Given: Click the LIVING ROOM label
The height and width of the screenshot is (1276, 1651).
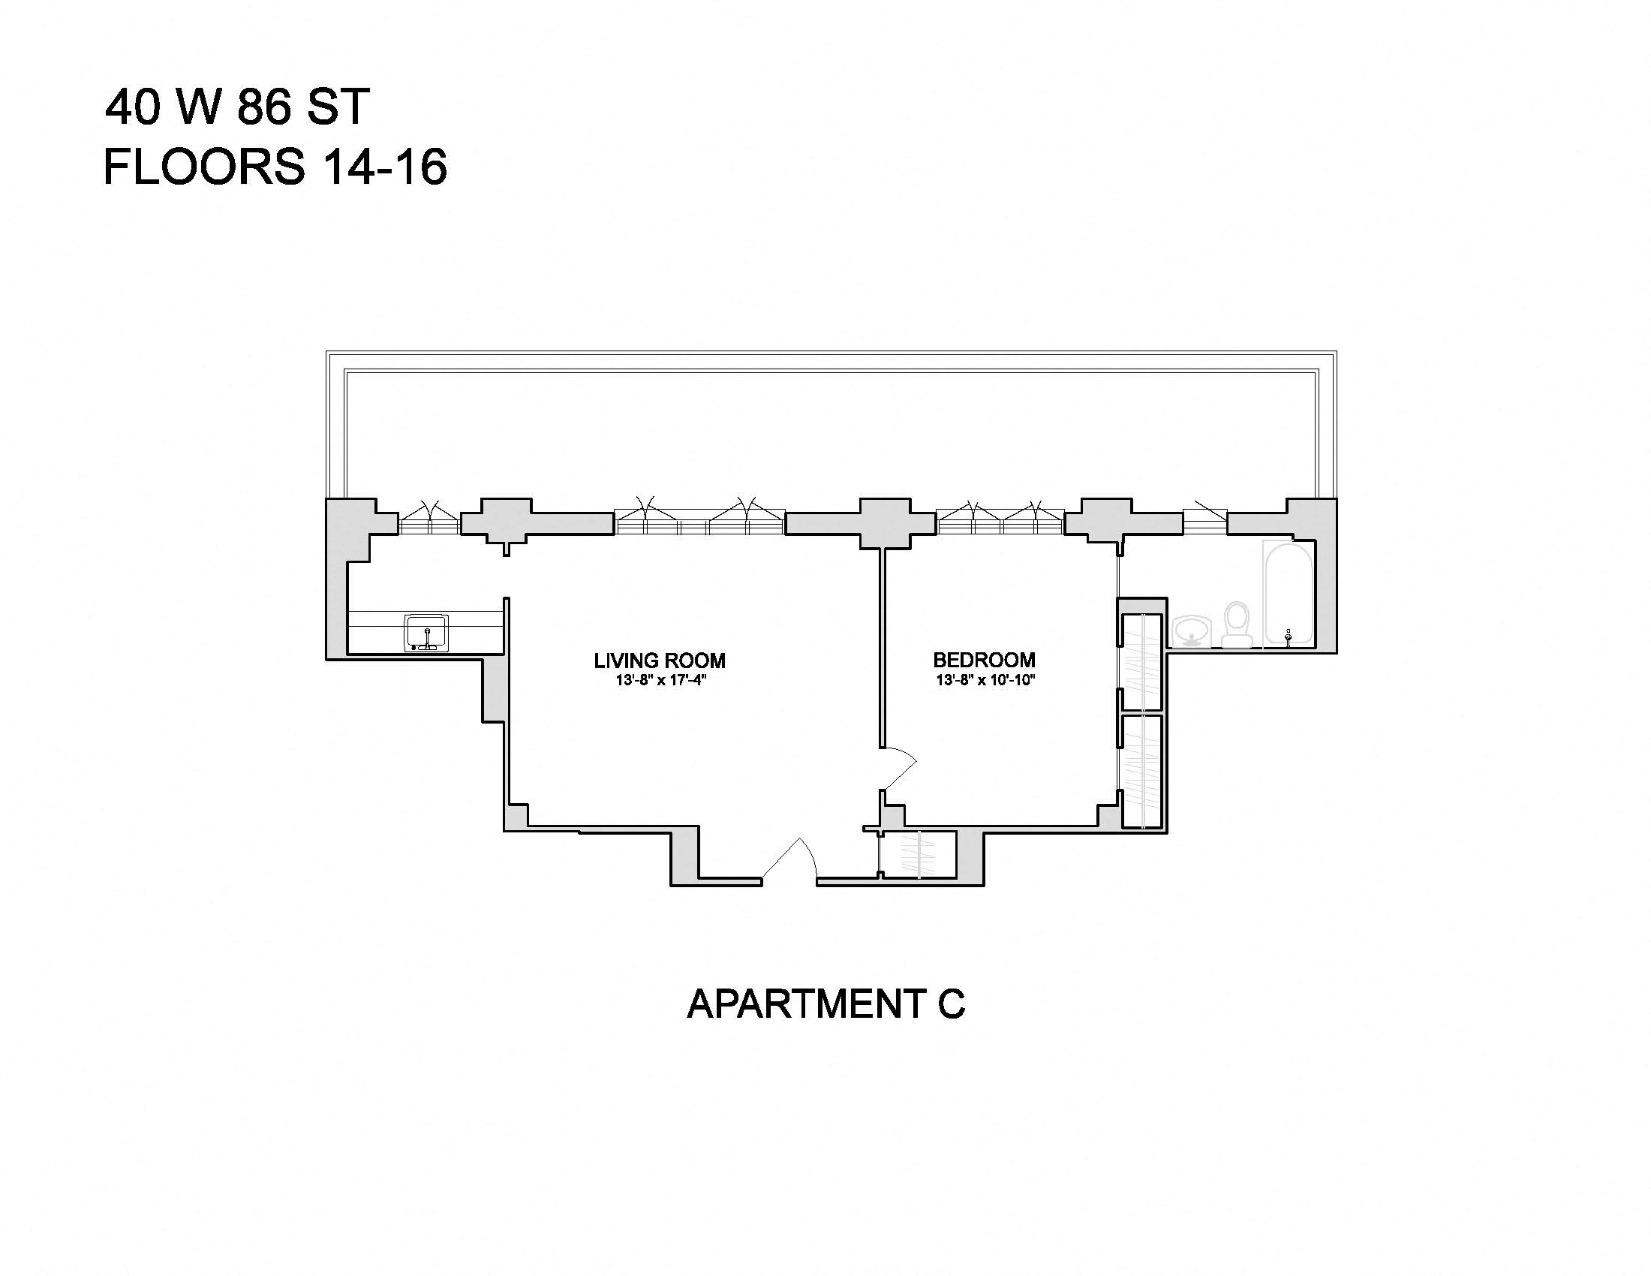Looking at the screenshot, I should pyautogui.click(x=659, y=661).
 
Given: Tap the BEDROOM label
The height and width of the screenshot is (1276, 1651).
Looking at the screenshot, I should pyautogui.click(x=985, y=660).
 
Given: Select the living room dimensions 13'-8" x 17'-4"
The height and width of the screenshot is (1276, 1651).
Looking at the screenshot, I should pyautogui.click(x=660, y=680).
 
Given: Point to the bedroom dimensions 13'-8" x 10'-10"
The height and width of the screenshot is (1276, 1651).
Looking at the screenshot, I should pyautogui.click(x=985, y=680).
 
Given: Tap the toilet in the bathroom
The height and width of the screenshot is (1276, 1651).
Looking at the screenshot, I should pyautogui.click(x=1237, y=625).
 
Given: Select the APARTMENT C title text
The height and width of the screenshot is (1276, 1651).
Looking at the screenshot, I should pyautogui.click(x=825, y=1004).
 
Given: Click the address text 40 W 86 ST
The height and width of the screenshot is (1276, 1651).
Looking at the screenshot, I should pyautogui.click(x=236, y=107).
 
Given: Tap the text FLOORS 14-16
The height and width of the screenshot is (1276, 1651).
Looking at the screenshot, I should pyautogui.click(x=275, y=167).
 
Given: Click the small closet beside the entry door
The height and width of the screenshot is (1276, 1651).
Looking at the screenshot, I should pyautogui.click(x=919, y=855).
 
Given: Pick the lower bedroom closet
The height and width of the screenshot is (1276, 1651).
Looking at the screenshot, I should pyautogui.click(x=1141, y=771).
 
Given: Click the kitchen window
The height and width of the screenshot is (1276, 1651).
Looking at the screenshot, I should pyautogui.click(x=429, y=522).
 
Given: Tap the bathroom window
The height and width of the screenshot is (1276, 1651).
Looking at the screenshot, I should pyautogui.click(x=1205, y=522).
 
